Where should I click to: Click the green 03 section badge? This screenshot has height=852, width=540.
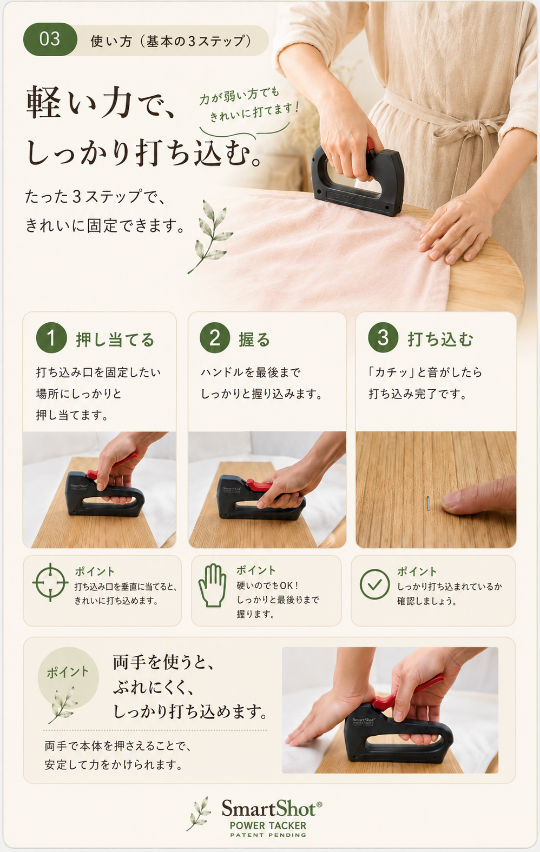[x=50, y=39]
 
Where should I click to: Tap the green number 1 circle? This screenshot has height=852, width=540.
[x=51, y=338]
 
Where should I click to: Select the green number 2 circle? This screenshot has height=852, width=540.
[x=215, y=338]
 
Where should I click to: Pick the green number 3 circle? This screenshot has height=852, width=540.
[x=383, y=337]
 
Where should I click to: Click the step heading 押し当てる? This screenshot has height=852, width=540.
[x=115, y=340]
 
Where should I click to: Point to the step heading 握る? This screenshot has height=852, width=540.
[x=254, y=340]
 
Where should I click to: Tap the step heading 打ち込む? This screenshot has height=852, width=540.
[x=440, y=340]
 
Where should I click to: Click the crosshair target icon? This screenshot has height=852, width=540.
[x=50, y=582]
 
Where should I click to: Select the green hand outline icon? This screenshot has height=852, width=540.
[x=213, y=585]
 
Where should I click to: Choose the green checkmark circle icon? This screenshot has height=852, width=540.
[x=375, y=584]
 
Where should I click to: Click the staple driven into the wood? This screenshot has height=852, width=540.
[x=429, y=503]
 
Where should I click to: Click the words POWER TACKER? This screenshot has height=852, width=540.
[x=268, y=826]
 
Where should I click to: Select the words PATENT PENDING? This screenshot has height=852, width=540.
[x=268, y=835]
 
